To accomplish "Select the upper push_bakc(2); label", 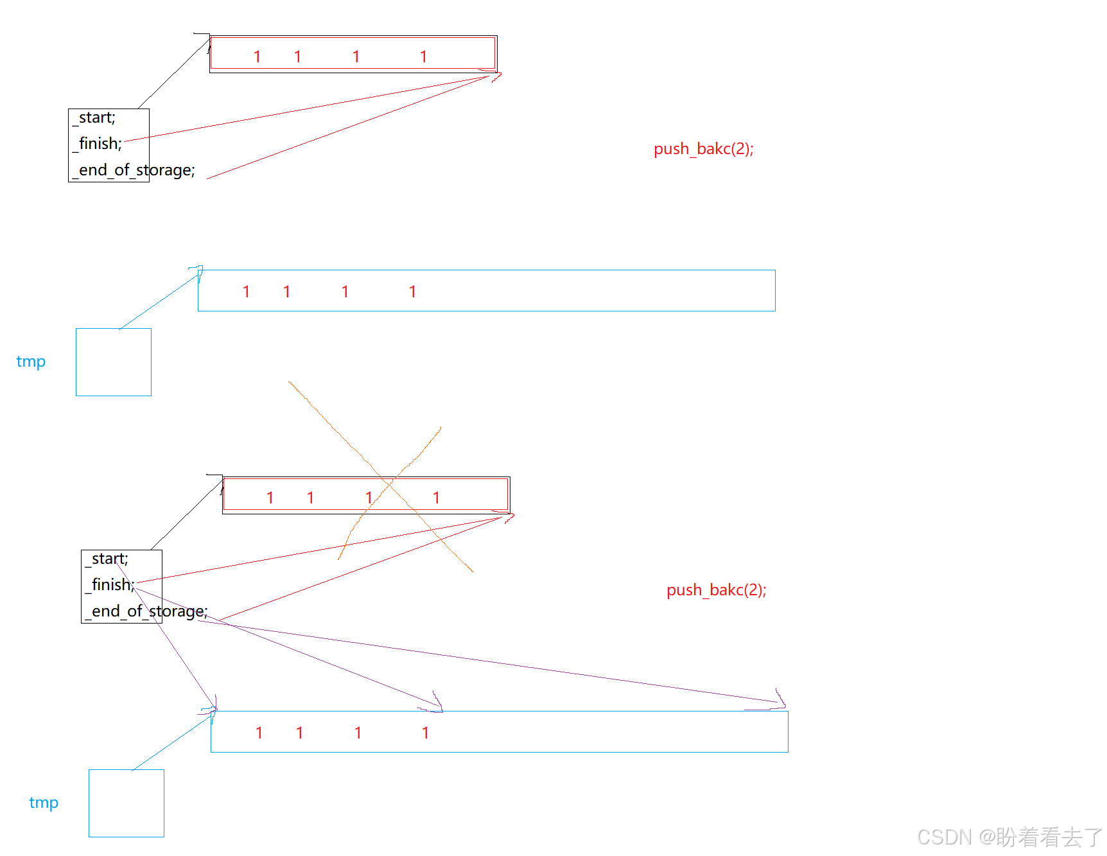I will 703,149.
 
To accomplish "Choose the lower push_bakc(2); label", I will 716,590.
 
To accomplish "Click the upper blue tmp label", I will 31,362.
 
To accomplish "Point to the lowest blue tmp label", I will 44,803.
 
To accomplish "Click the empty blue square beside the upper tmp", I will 114,362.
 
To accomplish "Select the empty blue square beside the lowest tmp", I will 126,803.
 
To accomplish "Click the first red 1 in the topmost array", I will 257,57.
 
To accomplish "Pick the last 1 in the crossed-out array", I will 436,498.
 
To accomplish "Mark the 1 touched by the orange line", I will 369,498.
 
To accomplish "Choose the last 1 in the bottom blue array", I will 425,733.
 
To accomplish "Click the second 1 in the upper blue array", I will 286,292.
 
